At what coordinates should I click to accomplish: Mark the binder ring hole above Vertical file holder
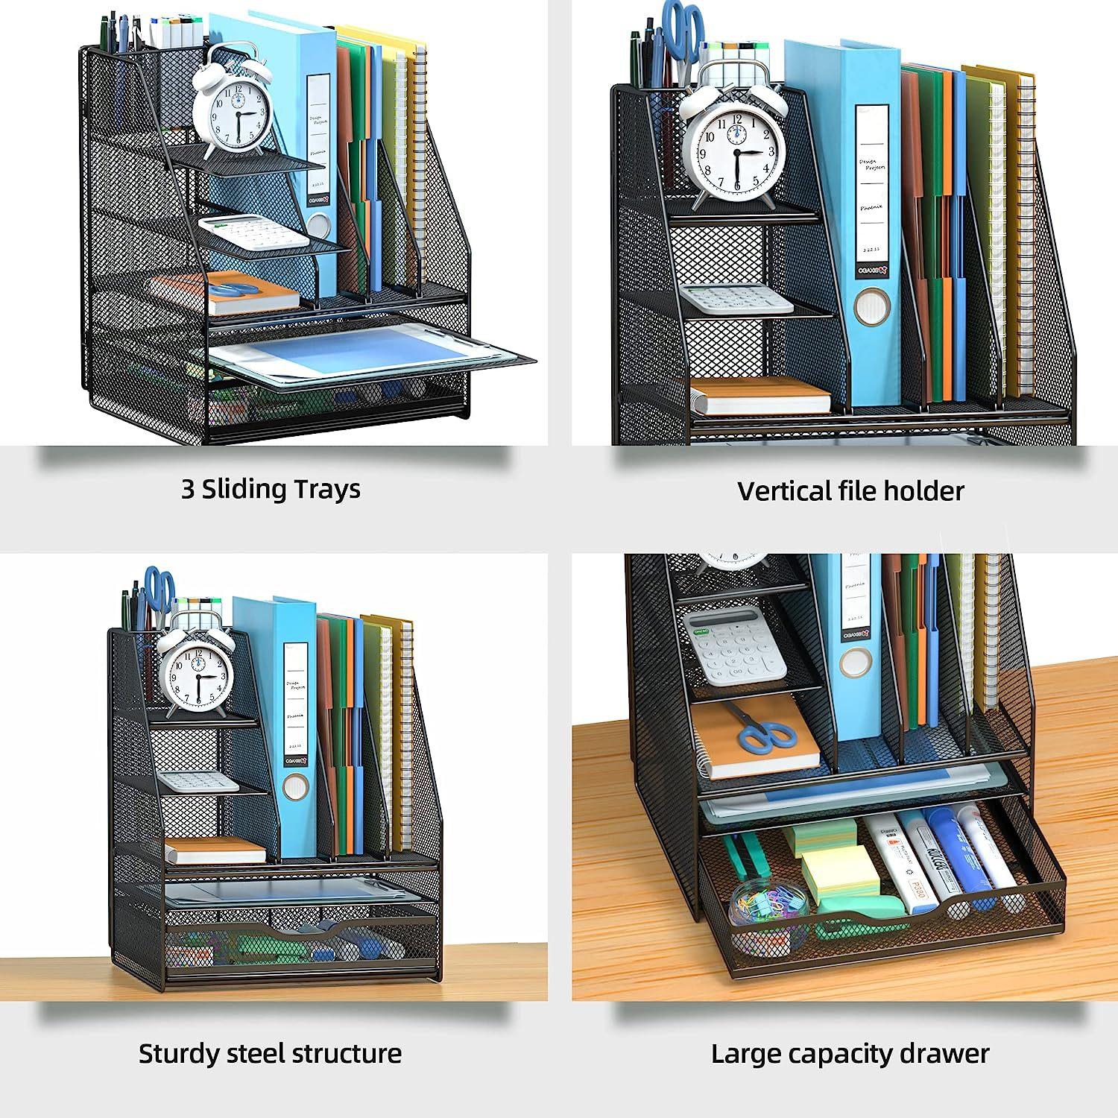click(872, 309)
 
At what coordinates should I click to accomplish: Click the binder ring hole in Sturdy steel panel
click(296, 786)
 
